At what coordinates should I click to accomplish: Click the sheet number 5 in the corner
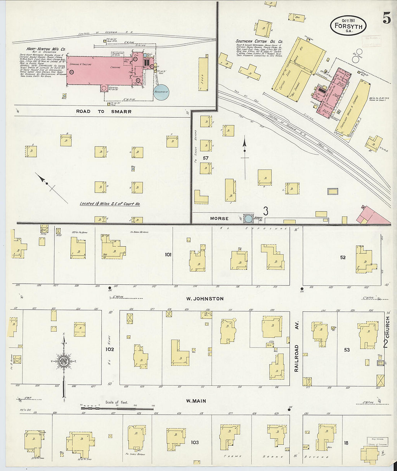click(x=387, y=19)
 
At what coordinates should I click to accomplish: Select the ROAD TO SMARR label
click(x=104, y=112)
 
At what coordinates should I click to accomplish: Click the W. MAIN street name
click(x=196, y=401)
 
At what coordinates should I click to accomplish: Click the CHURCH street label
click(x=388, y=328)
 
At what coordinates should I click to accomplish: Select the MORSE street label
click(x=219, y=218)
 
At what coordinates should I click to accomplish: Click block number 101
click(x=168, y=254)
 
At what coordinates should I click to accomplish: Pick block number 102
click(x=109, y=349)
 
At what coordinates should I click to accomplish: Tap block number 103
click(x=195, y=442)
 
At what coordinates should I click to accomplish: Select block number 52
click(x=343, y=257)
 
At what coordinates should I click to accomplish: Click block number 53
click(x=346, y=349)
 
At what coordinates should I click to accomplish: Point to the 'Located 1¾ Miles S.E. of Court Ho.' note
click(x=110, y=204)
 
